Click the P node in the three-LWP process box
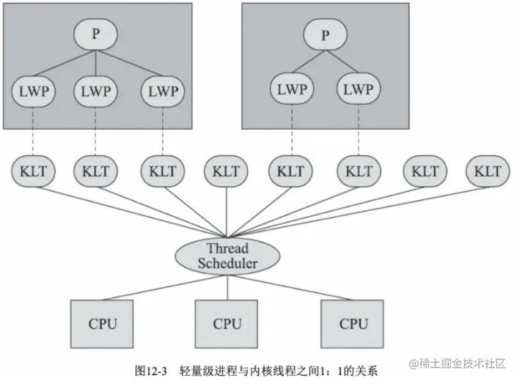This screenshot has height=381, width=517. click(96, 35)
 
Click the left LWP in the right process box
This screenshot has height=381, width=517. click(292, 91)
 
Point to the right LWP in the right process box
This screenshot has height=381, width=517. click(358, 91)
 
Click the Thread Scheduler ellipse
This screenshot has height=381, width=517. click(227, 255)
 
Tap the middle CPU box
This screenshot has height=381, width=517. click(227, 322)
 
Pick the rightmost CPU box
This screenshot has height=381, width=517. click(353, 322)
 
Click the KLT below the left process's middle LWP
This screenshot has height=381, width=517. click(96, 171)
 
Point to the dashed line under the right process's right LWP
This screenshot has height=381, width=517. click(358, 132)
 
